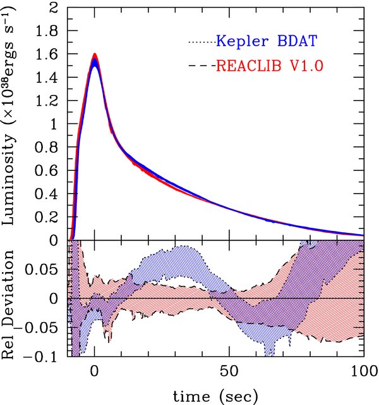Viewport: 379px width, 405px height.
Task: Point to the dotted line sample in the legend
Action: [201, 42]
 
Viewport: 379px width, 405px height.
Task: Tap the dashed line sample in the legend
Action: [201, 65]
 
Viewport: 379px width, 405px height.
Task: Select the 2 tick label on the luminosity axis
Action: [55, 9]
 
